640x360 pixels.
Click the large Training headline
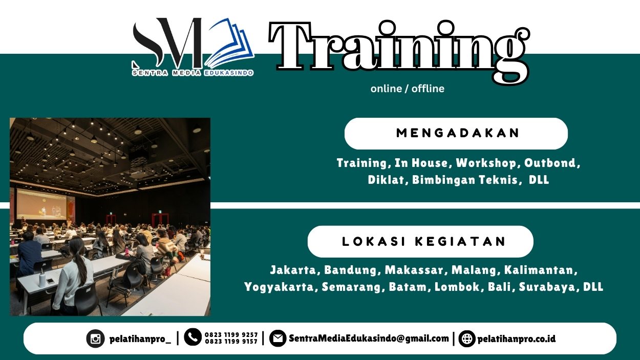398,49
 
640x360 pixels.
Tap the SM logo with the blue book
193,44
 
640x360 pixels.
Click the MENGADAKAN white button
456,134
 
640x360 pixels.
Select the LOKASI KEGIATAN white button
420,242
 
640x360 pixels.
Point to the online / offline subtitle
407,89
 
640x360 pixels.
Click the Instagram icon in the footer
95,338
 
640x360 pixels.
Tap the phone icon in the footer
193,337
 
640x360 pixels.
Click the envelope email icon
278,338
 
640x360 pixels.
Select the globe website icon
466,338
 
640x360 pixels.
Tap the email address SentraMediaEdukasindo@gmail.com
369,338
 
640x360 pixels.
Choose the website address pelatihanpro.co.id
516,339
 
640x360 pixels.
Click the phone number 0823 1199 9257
231,335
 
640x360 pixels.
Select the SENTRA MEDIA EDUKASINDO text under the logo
193,73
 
